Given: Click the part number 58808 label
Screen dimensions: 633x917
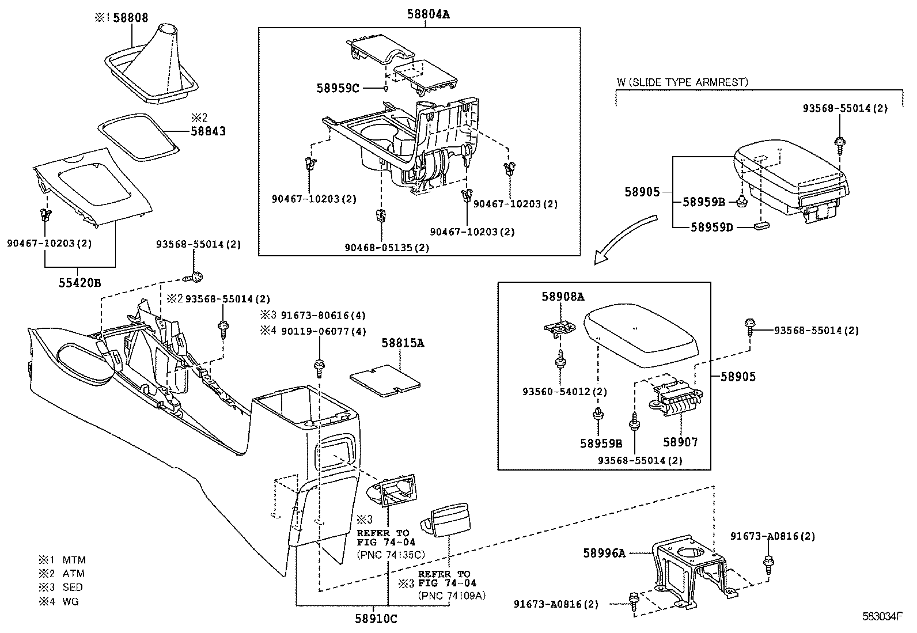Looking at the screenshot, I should [x=130, y=18].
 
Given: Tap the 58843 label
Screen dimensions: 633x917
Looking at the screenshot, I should [x=208, y=131].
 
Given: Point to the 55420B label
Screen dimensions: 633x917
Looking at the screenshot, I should [x=79, y=282].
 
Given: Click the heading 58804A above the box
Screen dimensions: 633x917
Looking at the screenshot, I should [x=428, y=15].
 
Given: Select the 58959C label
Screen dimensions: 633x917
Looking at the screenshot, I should [x=338, y=88].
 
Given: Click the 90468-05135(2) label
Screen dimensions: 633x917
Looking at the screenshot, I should [x=387, y=248].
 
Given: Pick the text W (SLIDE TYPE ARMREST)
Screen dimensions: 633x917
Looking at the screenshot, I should [x=682, y=82].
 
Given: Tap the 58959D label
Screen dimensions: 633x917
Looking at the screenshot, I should [x=711, y=227].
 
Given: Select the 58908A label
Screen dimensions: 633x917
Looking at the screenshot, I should [x=562, y=297].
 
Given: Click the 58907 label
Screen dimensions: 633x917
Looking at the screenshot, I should [x=680, y=442].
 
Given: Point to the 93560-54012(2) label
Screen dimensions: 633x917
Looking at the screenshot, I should [x=564, y=392].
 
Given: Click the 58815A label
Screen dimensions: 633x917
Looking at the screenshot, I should [x=403, y=343].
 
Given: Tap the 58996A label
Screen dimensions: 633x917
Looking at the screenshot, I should [x=604, y=553].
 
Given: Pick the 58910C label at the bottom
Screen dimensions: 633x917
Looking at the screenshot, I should [x=375, y=619].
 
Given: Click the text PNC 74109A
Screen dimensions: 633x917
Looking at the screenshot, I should [x=452, y=596].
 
